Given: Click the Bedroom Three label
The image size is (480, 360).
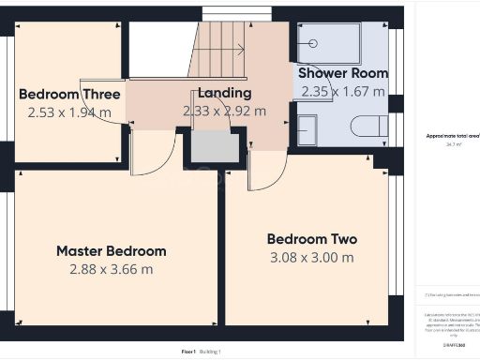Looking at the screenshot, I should (x=69, y=94).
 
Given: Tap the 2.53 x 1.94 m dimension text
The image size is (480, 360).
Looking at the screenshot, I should (x=69, y=112).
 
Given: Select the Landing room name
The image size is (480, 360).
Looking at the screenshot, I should (x=224, y=93).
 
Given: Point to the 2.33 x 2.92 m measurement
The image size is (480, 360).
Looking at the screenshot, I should (x=224, y=111).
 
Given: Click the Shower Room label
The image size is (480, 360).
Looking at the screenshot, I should (x=342, y=73).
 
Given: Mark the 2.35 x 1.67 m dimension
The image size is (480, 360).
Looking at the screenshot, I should (x=342, y=91).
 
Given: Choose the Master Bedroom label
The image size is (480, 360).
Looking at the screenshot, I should (x=111, y=251).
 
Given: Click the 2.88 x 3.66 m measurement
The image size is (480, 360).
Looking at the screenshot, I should (x=111, y=269).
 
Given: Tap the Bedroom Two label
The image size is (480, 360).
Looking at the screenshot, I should (x=311, y=239).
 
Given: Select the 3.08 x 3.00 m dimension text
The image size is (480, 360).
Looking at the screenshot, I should (x=311, y=257).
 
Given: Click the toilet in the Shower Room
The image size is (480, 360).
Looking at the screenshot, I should (x=367, y=127).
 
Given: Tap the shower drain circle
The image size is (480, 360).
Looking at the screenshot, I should (x=313, y=42).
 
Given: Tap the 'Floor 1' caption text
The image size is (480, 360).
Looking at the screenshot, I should (x=187, y=352).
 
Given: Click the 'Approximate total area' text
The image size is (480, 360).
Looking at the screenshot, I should (x=452, y=136).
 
